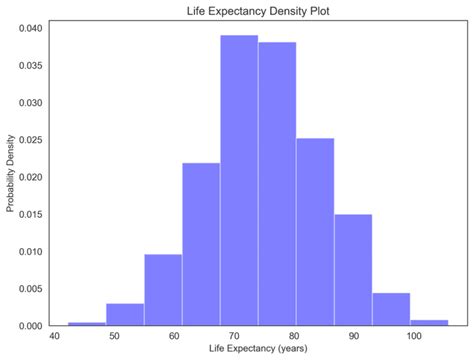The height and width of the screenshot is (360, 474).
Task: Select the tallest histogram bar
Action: (239, 180)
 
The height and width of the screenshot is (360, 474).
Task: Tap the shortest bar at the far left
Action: (87, 323)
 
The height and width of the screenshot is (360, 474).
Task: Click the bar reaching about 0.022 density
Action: (201, 244)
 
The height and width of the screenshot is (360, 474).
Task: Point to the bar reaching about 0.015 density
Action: (353, 270)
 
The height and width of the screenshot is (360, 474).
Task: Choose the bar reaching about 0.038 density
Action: (277, 184)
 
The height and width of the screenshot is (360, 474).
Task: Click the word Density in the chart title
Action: (287, 12)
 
